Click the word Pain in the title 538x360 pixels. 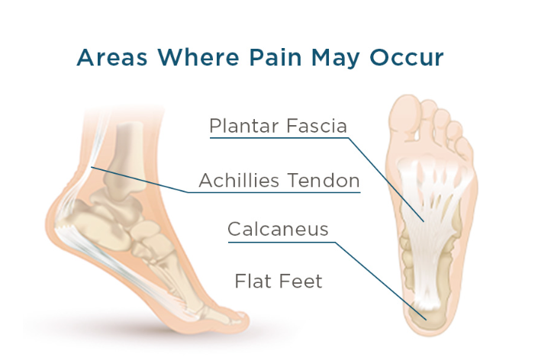pos(247,59)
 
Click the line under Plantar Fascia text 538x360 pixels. pos(278,139)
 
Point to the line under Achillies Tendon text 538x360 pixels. pos(275,192)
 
